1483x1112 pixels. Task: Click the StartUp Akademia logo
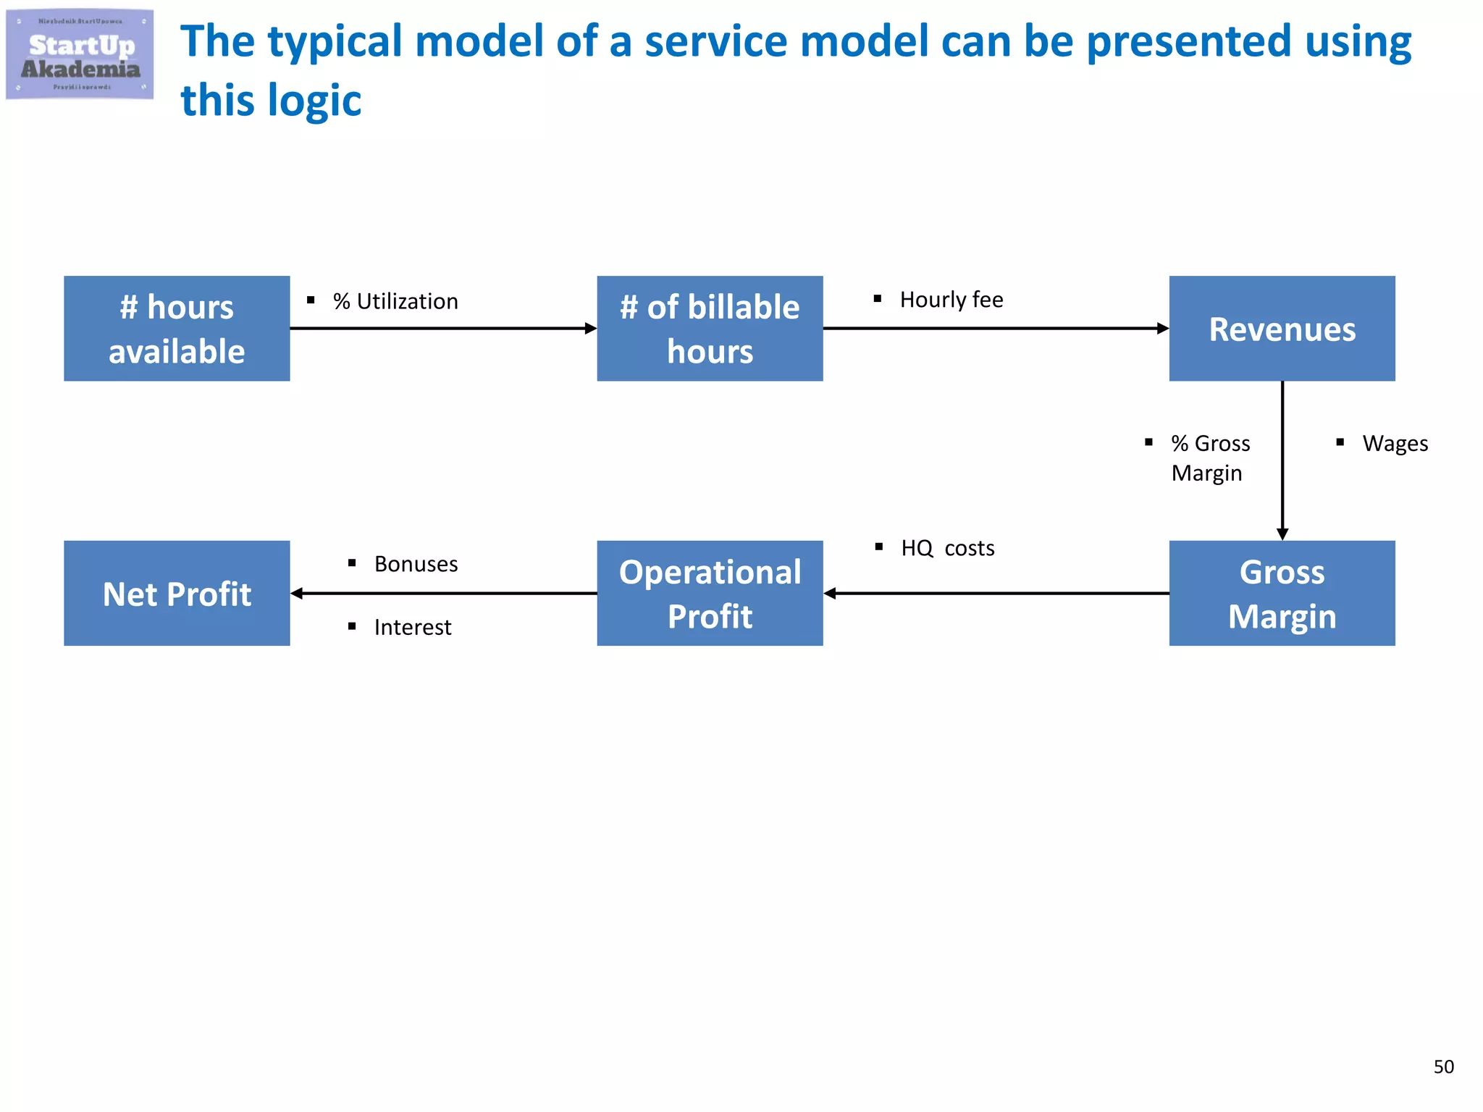[80, 54]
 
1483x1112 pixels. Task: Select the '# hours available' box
[177, 329]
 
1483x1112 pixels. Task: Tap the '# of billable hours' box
[710, 329]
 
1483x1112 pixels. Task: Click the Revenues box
[1282, 329]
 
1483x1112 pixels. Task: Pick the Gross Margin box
[1282, 594]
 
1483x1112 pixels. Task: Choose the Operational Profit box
[710, 594]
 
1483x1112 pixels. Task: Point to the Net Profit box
[177, 594]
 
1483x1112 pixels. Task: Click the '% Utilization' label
[395, 301]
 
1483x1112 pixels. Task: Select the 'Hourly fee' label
[951, 300]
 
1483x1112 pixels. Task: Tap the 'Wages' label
[1395, 443]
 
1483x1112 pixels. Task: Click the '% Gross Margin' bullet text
[1210, 458]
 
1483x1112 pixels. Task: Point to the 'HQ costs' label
[947, 548]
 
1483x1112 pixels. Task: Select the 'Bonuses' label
[416, 564]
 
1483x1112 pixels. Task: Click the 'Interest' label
[413, 627]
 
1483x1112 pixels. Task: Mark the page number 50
[1443, 1066]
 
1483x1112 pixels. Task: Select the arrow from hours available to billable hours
[443, 329]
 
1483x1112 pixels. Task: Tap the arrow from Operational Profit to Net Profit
[443, 594]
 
